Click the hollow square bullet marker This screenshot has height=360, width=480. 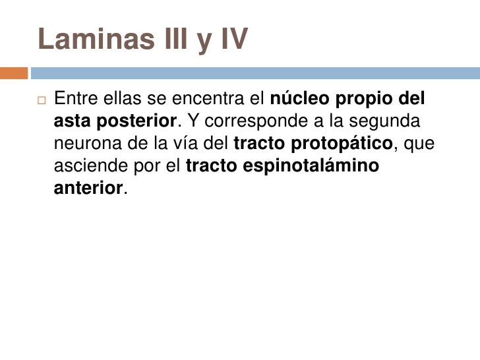(40, 102)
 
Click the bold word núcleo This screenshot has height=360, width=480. (300, 101)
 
